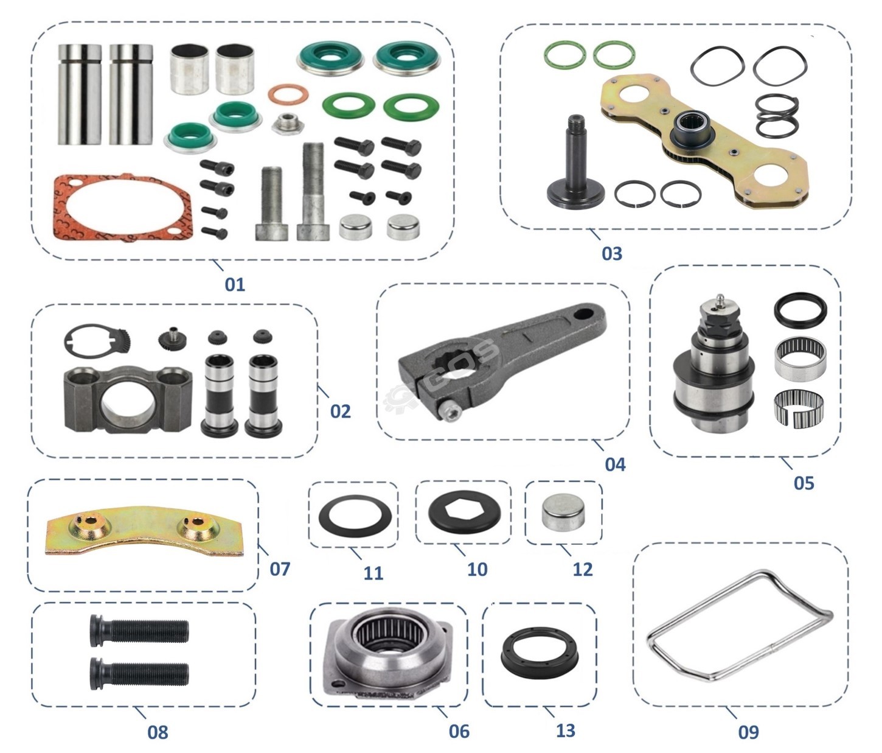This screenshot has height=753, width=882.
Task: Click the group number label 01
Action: coord(235,284)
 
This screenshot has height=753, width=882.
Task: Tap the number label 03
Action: coord(611,254)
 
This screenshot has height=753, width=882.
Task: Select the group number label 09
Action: coord(748,732)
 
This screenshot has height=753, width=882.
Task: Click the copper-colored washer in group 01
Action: coord(288,94)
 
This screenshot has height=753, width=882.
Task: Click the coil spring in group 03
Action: coord(777,116)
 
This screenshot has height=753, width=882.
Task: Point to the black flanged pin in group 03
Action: coord(576,164)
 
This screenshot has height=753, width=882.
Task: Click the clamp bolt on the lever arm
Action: coord(451,412)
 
